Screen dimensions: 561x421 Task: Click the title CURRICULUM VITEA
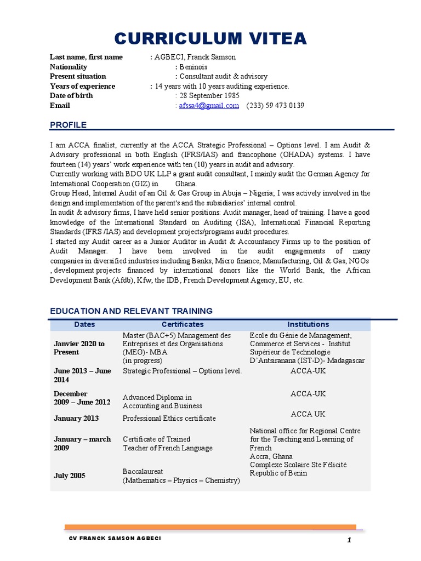point(210,39)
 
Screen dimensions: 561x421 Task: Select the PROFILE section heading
point(68,125)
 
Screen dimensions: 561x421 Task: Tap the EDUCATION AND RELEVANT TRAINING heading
point(131,311)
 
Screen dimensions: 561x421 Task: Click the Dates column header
point(84,324)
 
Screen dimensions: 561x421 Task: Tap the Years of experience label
point(82,86)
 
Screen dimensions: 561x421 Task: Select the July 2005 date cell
point(69,476)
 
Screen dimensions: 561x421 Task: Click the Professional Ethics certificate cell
point(169,419)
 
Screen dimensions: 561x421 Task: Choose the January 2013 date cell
point(76,419)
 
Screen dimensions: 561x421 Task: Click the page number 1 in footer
point(349,541)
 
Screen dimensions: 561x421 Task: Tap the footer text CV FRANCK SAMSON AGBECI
point(115,539)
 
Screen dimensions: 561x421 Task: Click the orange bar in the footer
point(210,527)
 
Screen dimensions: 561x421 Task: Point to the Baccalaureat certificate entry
point(181,476)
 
